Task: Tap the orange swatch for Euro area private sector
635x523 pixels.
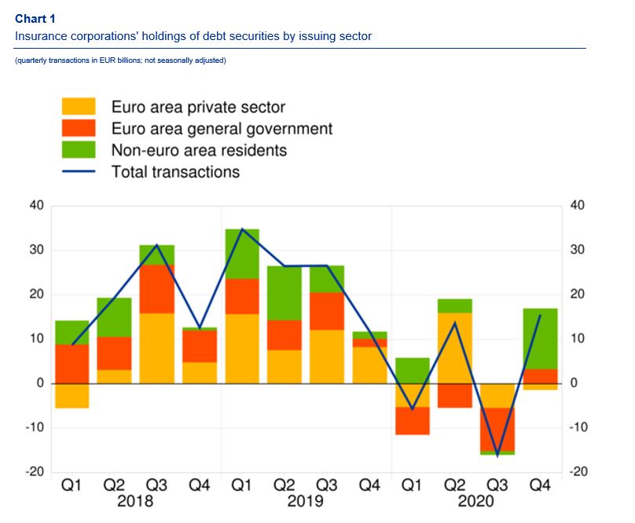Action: [79, 107]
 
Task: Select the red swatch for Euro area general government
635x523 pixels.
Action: [79, 128]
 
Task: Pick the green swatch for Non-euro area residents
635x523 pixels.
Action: [79, 149]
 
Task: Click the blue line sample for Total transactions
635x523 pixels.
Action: [79, 170]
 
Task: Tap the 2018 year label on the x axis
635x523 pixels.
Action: [135, 501]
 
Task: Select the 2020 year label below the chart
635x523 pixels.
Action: [476, 501]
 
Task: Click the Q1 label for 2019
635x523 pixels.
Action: [242, 486]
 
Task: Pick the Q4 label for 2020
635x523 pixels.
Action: [540, 486]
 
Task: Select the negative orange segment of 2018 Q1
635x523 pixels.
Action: [72, 396]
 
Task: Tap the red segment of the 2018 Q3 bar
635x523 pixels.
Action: [157, 289]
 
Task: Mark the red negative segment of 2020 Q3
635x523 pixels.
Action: [497, 430]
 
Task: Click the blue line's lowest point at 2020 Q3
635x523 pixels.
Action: [497, 455]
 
